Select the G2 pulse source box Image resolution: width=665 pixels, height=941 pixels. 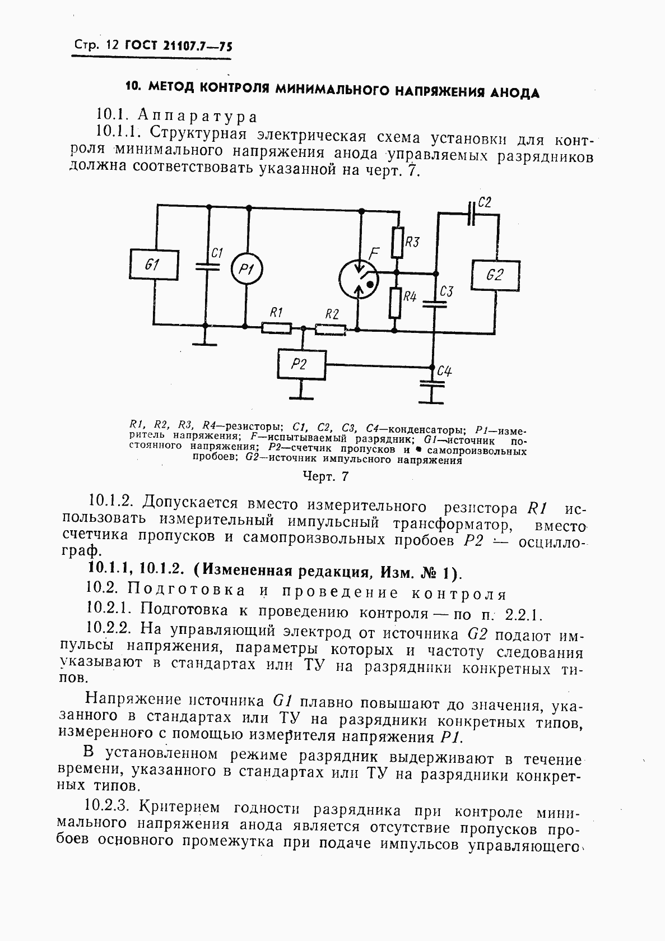click(x=495, y=275)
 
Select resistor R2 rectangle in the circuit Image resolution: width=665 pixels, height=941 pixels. click(x=331, y=330)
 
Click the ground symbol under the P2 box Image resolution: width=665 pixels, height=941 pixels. click(x=301, y=397)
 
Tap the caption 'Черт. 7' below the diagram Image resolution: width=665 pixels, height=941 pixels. click(x=325, y=476)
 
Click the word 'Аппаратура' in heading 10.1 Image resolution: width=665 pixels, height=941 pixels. click(x=197, y=117)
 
